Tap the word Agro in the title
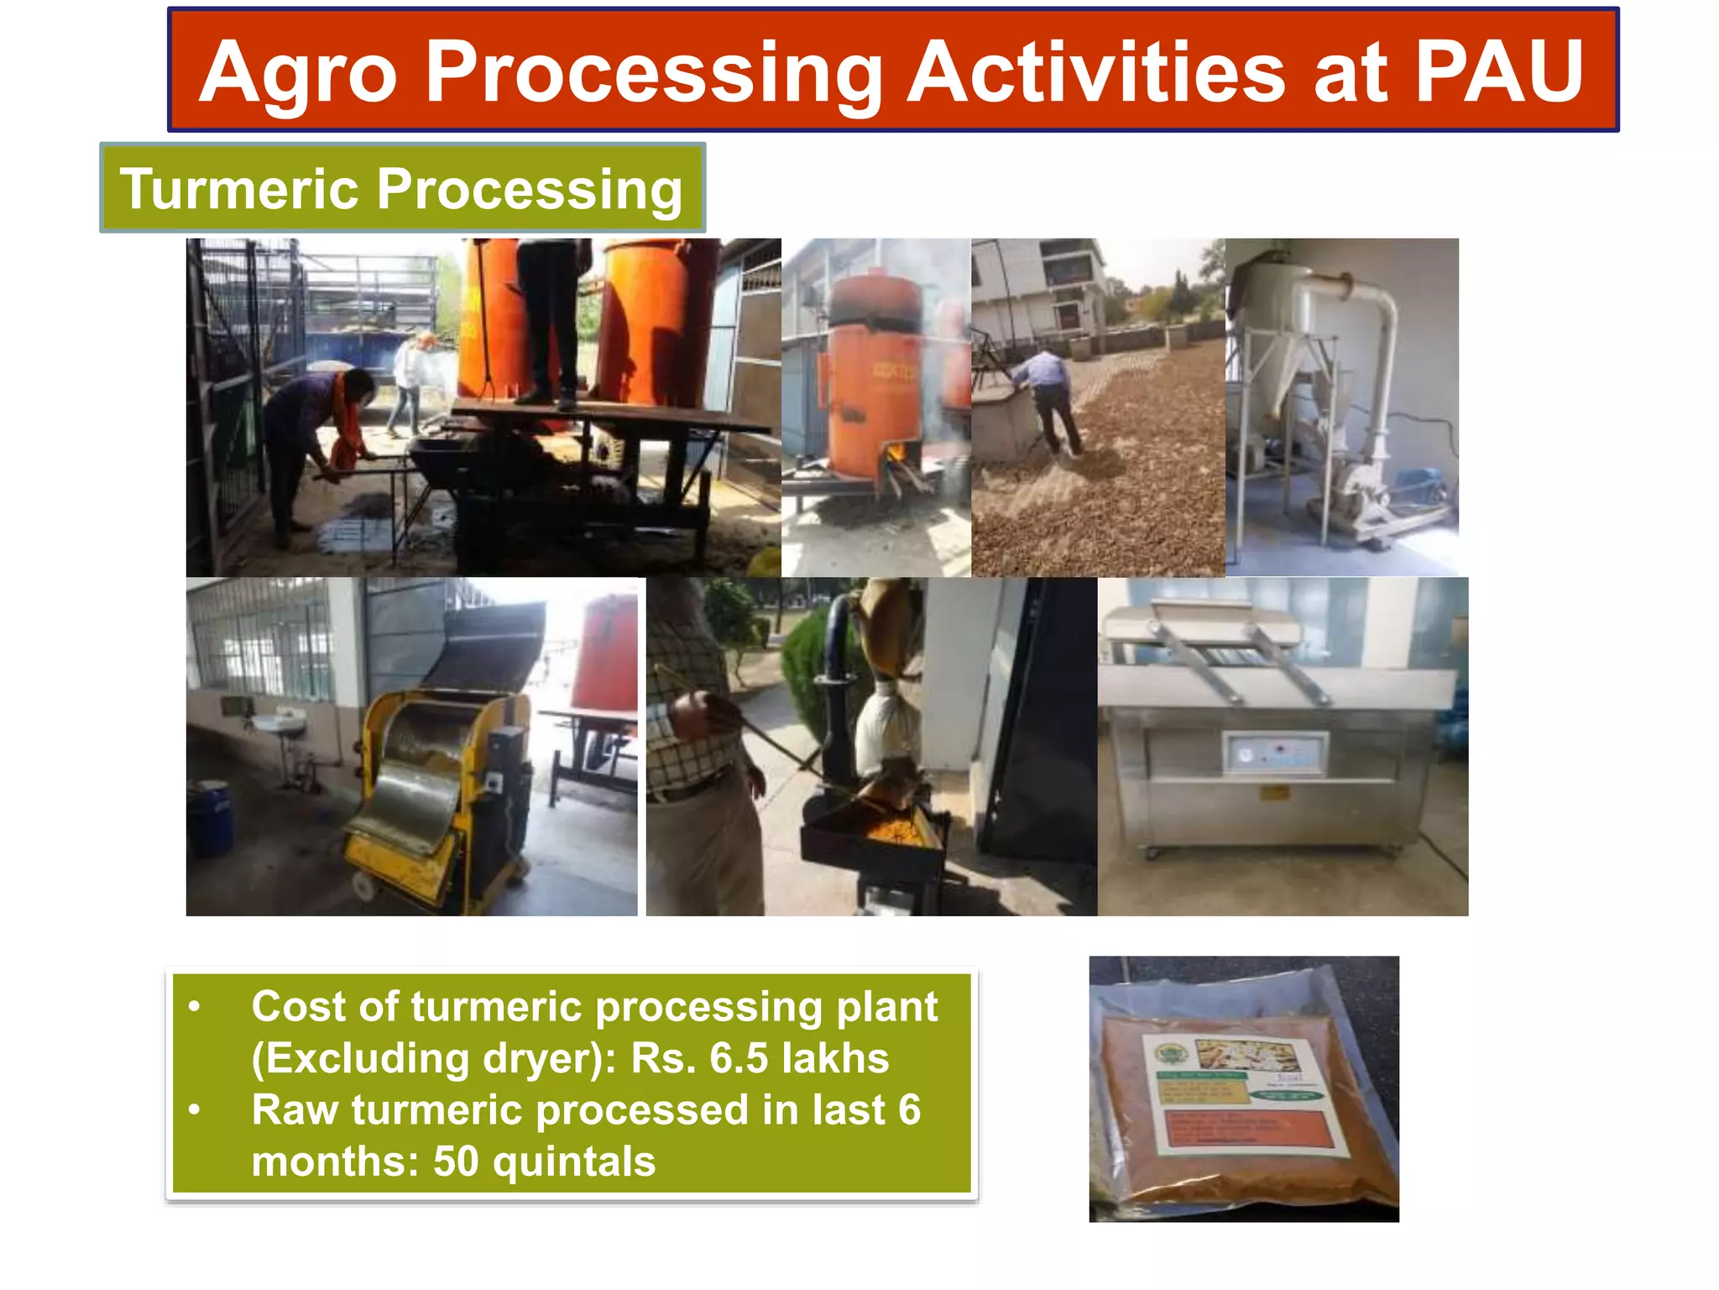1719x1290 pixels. click(298, 76)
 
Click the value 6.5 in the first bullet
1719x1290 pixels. click(739, 1058)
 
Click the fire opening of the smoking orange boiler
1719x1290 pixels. click(896, 454)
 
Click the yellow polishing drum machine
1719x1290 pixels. click(436, 789)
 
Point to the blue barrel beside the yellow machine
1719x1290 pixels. click(210, 815)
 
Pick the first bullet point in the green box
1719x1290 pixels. click(194, 1006)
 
